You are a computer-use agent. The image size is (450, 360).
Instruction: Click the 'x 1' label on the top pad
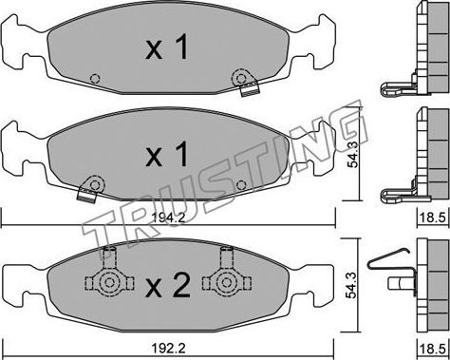167,50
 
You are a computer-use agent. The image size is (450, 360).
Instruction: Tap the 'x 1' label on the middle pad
167,152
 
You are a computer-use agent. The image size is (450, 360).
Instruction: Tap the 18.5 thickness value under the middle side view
434,218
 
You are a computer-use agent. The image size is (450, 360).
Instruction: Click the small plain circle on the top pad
93,79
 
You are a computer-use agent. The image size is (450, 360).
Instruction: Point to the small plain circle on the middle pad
241,183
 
